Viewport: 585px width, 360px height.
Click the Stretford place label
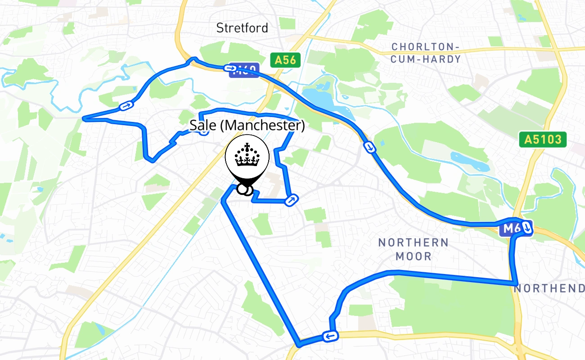[x=242, y=28]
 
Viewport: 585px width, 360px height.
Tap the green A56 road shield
[x=285, y=60]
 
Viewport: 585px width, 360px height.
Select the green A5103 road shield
[x=542, y=139]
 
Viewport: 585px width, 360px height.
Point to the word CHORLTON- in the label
[x=425, y=47]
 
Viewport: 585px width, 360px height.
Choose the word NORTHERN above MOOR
[x=413, y=243]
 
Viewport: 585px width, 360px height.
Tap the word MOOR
[x=414, y=256]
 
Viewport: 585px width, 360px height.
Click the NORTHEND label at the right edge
[x=549, y=288]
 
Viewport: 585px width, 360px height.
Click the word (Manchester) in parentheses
[x=262, y=125]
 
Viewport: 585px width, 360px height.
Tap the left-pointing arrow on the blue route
[x=330, y=336]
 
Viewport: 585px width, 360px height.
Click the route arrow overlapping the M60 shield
[x=230, y=68]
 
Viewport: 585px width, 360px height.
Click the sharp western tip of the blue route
[x=84, y=119]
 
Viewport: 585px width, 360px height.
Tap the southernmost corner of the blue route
[x=298, y=345]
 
